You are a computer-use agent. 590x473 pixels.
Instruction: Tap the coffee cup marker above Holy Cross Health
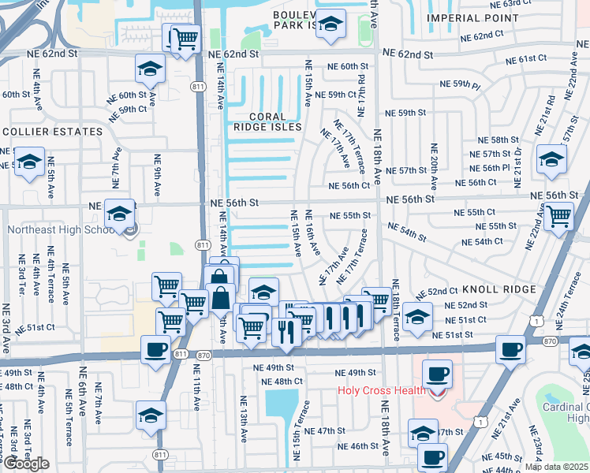[436, 374]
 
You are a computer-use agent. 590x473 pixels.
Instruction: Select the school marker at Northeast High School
[120, 214]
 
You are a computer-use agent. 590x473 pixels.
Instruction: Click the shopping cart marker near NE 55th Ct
[558, 214]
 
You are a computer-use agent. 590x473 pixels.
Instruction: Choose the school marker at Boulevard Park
[331, 24]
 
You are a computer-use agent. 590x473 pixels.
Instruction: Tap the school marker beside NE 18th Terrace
[417, 317]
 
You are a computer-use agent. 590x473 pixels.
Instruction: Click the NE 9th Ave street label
[157, 174]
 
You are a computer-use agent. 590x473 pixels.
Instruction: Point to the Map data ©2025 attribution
[556, 467]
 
